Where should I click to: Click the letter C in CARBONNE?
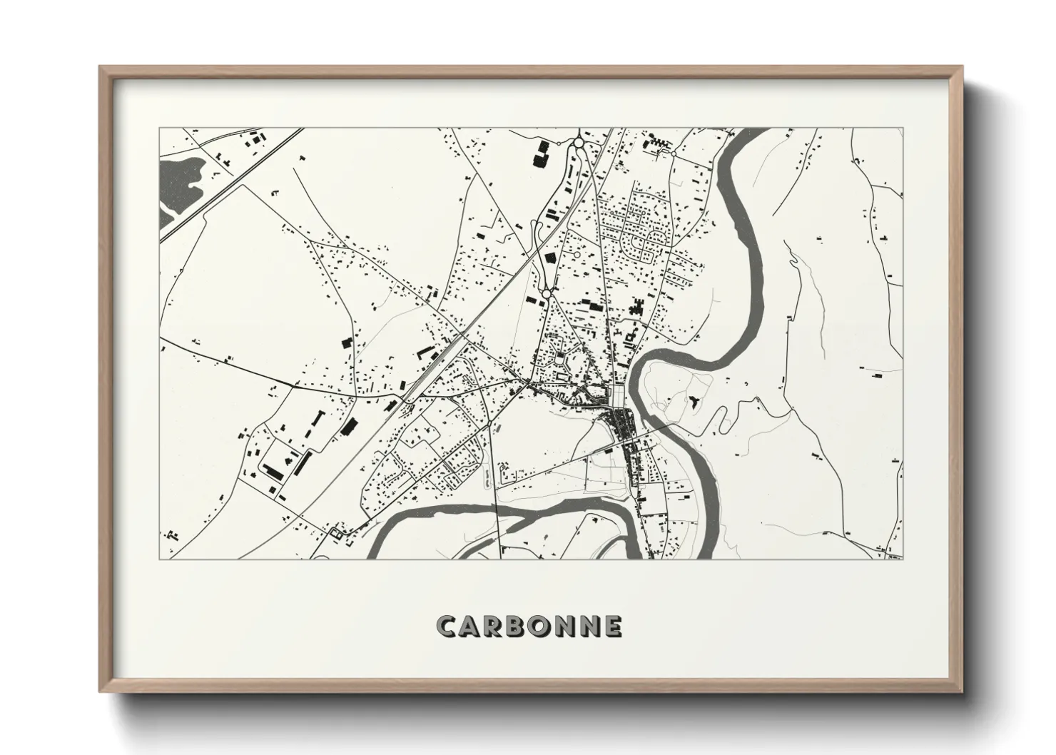click(447, 626)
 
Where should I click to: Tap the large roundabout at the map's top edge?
click(578, 144)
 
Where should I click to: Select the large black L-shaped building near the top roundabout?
click(542, 154)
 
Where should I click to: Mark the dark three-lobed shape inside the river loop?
click(692, 401)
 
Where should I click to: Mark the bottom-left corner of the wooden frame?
click(101, 691)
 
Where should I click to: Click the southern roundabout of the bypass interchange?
click(546, 293)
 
